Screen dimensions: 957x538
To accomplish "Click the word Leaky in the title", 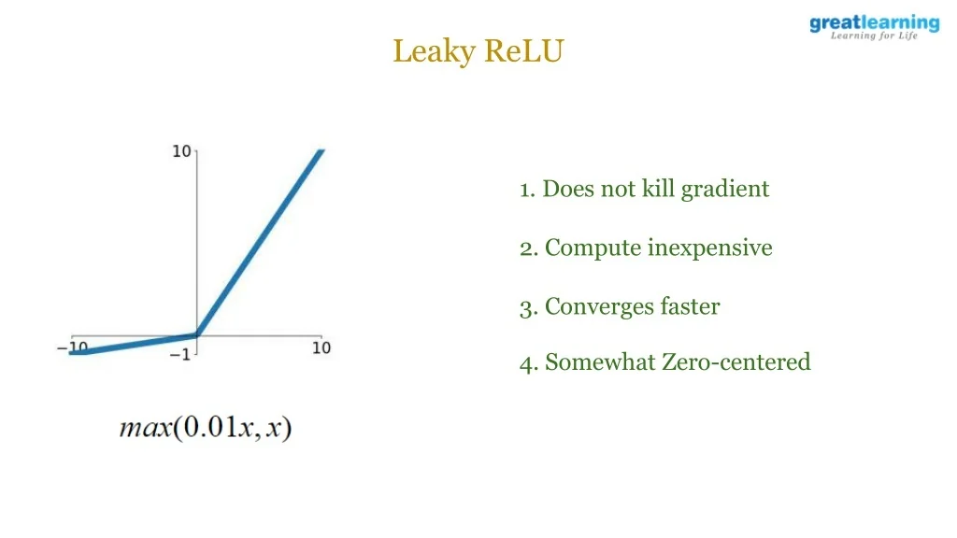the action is tap(434, 51).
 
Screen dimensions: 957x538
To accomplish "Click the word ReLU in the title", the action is tap(524, 50).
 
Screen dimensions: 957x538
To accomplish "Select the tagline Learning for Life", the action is tap(874, 36).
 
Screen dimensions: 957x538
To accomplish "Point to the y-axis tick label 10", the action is tap(181, 151).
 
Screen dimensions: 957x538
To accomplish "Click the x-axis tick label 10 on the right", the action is tap(321, 347).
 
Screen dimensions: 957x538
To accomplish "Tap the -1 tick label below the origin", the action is tap(180, 354).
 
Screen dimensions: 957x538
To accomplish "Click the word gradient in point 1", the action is tap(725, 190).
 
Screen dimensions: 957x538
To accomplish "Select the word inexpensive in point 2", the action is tap(710, 248).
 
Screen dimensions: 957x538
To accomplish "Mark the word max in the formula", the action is tap(146, 428).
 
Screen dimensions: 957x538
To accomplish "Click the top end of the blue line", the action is tap(321, 150).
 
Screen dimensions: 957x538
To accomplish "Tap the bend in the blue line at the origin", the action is tap(196, 334).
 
